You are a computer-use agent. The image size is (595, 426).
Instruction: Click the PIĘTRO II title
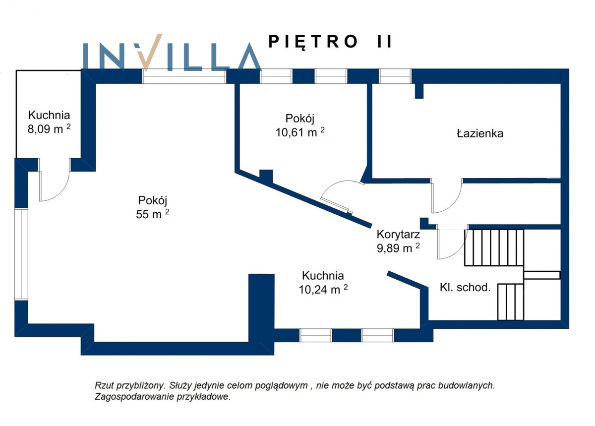tap(330, 42)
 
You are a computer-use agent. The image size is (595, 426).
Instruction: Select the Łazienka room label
tap(480, 133)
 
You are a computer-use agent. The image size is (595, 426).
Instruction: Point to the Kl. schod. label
tap(465, 287)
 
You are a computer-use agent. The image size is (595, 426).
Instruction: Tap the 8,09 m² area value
tap(49, 128)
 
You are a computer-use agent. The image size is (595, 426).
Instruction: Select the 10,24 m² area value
tap(323, 289)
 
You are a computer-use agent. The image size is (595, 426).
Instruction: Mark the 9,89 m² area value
tap(399, 248)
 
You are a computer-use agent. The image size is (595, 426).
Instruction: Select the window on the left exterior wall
tap(21, 254)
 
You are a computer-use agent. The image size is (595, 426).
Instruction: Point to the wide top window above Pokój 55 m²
tap(184, 76)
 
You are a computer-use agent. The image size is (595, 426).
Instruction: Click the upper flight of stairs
tap(494, 247)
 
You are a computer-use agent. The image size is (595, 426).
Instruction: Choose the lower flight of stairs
tap(511, 302)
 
